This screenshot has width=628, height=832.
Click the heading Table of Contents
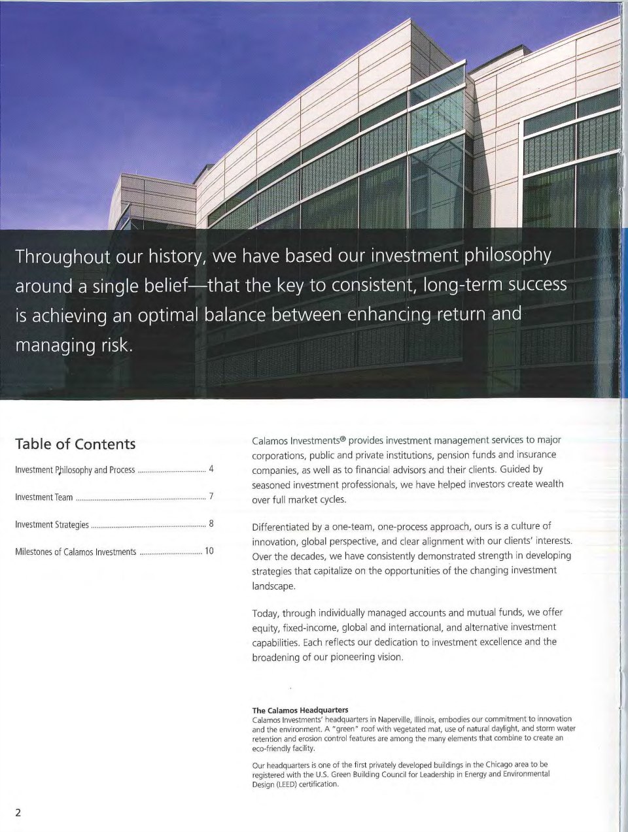click(75, 444)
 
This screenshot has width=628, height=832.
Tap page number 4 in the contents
click(211, 469)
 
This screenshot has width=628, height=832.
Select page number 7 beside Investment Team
click(211, 497)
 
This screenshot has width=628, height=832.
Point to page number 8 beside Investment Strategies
click(211, 524)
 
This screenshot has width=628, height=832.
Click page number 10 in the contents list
click(209, 551)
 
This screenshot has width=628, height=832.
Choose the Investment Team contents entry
click(44, 497)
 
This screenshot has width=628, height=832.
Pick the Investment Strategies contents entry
click(52, 525)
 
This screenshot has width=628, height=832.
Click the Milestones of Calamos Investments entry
click(75, 552)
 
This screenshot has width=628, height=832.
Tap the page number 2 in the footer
click(18, 812)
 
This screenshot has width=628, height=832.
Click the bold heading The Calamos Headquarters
click(300, 710)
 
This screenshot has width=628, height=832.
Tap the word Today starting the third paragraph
click(266, 613)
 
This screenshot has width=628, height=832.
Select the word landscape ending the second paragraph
click(273, 586)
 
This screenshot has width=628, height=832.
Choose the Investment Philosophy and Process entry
click(75, 470)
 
